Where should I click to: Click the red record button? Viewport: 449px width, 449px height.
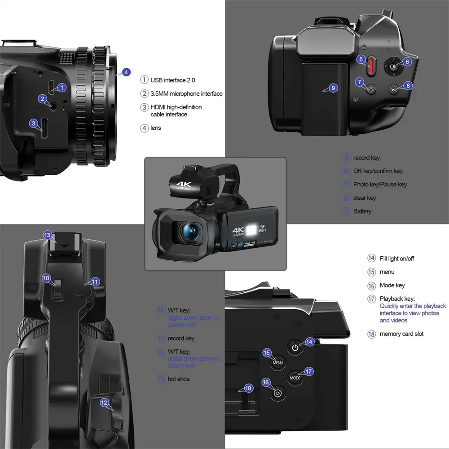point(371,66)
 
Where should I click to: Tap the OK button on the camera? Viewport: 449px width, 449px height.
point(393,66)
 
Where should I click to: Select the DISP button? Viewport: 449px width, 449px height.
point(393,90)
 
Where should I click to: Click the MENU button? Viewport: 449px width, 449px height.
point(278,362)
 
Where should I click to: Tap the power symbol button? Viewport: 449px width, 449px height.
point(295,347)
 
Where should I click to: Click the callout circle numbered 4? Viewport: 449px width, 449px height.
point(127,72)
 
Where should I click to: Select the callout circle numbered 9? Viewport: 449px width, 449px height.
point(333,88)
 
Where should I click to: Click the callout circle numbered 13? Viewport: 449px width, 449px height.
point(48,235)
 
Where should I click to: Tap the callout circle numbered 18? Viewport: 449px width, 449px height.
point(248,388)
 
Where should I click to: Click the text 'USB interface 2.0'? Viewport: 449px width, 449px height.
point(173,80)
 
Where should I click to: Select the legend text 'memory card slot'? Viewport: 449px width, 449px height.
point(401,334)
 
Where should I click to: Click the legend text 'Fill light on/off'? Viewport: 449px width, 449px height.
point(397,258)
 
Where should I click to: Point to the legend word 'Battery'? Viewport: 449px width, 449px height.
point(362,211)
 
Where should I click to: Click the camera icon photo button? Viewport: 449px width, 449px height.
point(371,89)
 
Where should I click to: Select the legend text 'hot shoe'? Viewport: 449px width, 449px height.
point(179,379)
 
